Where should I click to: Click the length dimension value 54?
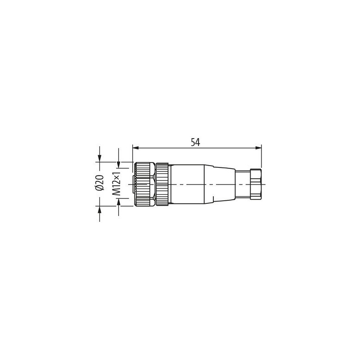[x=195, y=142]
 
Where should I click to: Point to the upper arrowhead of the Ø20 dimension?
[x=99, y=158]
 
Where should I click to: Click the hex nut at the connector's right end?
[x=255, y=184]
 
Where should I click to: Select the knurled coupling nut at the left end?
[x=143, y=184]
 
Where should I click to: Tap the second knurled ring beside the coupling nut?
[x=162, y=184]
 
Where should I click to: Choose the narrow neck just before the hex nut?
[x=242, y=184]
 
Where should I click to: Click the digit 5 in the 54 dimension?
[x=193, y=142]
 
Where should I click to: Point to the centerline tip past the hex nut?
[x=265, y=184]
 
